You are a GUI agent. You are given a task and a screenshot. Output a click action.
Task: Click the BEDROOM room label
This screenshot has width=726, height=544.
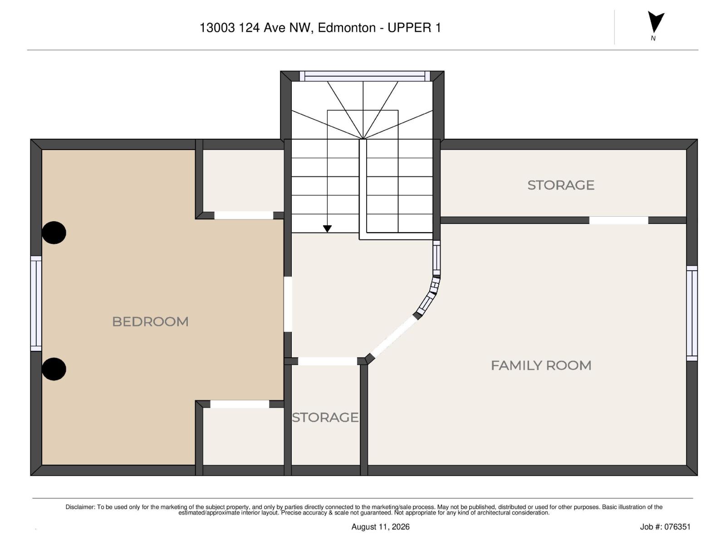click(150, 322)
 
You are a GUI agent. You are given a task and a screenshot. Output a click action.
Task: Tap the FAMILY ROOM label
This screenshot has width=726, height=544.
click(541, 366)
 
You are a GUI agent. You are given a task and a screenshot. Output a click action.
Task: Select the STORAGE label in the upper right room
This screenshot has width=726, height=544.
click(561, 185)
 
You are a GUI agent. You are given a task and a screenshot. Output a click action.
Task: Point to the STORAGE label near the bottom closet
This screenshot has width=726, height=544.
click(325, 418)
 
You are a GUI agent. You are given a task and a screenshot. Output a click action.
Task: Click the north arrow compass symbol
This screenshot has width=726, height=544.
click(656, 23)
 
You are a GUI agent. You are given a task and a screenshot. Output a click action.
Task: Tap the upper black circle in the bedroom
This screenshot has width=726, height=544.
click(54, 233)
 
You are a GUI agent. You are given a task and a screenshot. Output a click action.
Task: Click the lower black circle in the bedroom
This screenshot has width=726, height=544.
click(54, 369)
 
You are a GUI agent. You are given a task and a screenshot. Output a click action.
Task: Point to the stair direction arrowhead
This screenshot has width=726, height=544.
click(327, 228)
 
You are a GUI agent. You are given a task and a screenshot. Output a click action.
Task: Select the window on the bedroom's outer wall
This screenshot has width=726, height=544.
click(36, 303)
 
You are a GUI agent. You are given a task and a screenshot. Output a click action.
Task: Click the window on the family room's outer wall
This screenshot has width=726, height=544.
click(692, 313)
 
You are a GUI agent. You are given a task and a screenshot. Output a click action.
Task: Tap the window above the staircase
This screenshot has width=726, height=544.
click(364, 76)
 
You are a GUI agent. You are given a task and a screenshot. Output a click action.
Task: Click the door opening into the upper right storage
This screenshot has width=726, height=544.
click(618, 220)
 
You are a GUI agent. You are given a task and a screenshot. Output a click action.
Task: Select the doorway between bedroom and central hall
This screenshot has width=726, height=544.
click(288, 304)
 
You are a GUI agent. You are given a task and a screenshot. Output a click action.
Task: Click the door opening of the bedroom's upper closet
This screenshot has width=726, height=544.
click(244, 215)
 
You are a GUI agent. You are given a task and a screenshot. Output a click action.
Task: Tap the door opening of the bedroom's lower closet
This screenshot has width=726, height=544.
click(240, 404)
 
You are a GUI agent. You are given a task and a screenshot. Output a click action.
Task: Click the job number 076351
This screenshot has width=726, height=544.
click(677, 527)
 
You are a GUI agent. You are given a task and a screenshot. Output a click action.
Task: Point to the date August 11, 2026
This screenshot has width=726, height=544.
click(380, 527)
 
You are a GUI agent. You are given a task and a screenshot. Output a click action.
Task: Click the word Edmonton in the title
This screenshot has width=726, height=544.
click(347, 28)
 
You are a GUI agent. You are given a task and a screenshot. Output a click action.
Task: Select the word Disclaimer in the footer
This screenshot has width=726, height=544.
click(80, 507)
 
